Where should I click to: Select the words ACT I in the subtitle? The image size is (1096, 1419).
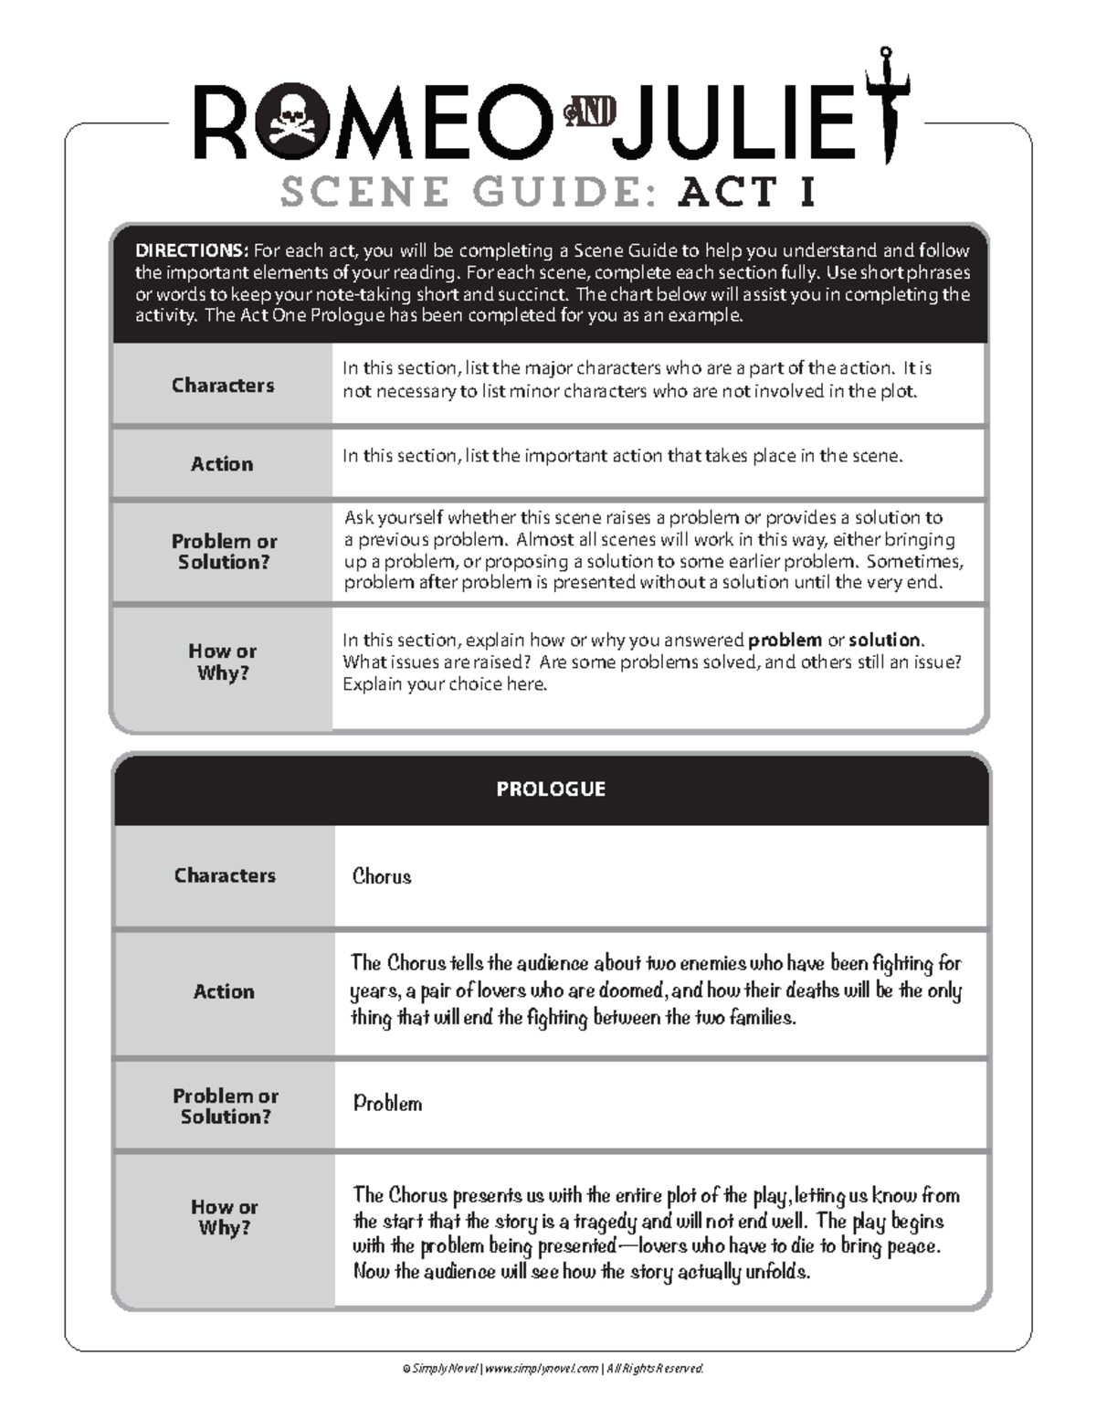click(x=746, y=192)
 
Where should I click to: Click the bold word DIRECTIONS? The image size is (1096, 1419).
click(x=191, y=250)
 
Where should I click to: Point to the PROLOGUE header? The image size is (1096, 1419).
click(x=551, y=789)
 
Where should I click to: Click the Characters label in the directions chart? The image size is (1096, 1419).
click(x=223, y=386)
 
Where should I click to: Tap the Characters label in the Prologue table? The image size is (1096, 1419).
click(x=225, y=875)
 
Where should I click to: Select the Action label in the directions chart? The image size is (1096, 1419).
click(x=222, y=464)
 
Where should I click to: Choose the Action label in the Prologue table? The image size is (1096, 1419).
click(x=224, y=991)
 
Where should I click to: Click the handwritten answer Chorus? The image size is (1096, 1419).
click(x=382, y=876)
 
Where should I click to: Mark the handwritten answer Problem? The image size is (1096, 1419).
click(x=387, y=1104)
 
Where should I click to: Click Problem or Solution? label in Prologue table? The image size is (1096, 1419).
click(x=225, y=1106)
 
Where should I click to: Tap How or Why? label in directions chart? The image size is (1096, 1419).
click(x=222, y=662)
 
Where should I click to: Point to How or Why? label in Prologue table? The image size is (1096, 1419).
click(x=225, y=1217)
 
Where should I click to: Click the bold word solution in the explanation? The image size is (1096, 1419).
click(x=884, y=641)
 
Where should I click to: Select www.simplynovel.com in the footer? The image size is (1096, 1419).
click(x=541, y=1368)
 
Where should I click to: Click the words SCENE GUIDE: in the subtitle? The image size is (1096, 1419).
click(x=469, y=192)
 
